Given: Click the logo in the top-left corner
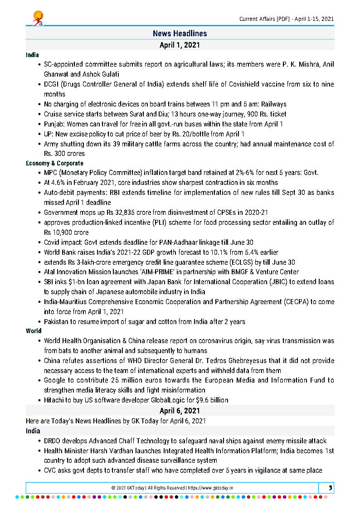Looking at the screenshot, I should (38, 18).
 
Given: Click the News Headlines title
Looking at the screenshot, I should (180, 34).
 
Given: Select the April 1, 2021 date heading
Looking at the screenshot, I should (180, 45).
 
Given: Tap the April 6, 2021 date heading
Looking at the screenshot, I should (180, 411).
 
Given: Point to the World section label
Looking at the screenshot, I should (34, 331).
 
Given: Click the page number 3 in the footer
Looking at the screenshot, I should (331, 488).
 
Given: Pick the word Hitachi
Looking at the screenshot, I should (55, 400).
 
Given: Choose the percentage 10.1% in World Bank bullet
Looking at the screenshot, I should (204, 252).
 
